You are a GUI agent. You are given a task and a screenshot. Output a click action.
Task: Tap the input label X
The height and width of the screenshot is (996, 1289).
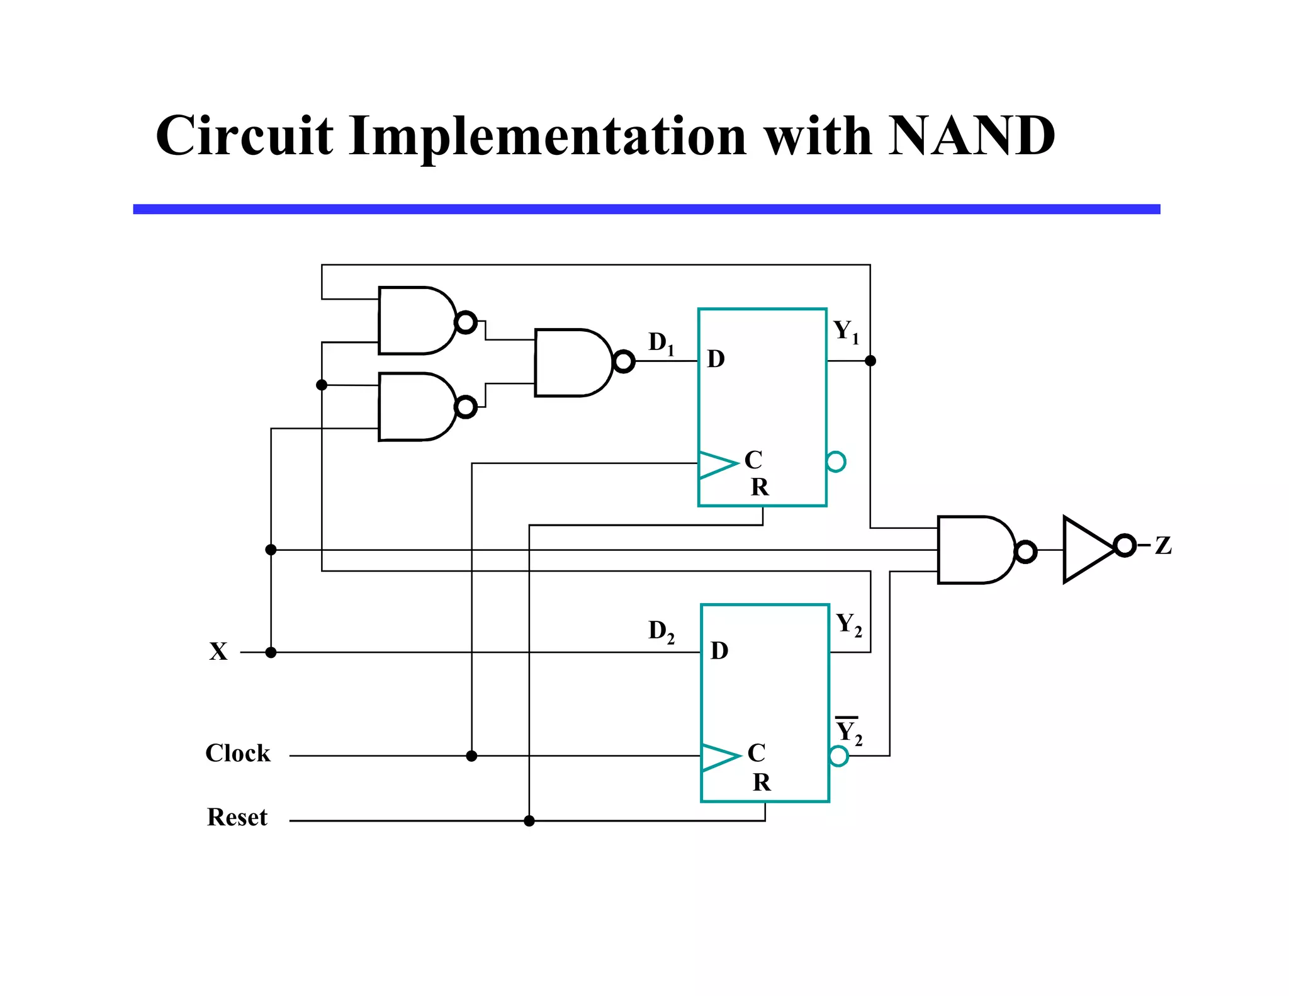(218, 651)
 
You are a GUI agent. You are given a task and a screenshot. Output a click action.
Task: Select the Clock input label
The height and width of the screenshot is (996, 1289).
(237, 753)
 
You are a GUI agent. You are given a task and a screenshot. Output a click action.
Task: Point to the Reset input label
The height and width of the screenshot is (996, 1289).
(237, 817)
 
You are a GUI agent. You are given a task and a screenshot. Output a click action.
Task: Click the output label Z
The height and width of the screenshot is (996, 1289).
(1163, 545)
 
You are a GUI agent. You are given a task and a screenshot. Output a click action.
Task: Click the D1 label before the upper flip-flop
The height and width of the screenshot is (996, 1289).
(661, 343)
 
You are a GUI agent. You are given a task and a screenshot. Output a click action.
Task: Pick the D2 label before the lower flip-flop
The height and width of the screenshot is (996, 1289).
(661, 631)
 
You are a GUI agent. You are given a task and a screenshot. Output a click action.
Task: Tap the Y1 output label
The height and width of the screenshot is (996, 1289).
(845, 331)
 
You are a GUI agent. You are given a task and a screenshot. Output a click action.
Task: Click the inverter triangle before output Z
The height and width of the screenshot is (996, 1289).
(1088, 549)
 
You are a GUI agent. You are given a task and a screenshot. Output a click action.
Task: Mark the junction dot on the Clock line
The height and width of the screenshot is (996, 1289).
(471, 755)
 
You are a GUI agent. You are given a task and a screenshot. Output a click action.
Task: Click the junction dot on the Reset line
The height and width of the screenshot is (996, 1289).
(529, 820)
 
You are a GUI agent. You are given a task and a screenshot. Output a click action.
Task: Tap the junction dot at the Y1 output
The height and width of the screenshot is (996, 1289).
(870, 361)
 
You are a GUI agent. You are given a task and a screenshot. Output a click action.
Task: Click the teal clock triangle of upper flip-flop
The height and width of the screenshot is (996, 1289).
(716, 465)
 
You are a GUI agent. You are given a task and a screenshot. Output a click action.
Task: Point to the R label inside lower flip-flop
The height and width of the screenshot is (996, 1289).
(762, 782)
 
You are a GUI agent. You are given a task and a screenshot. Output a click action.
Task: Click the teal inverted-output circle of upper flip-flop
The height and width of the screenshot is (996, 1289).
(836, 461)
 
